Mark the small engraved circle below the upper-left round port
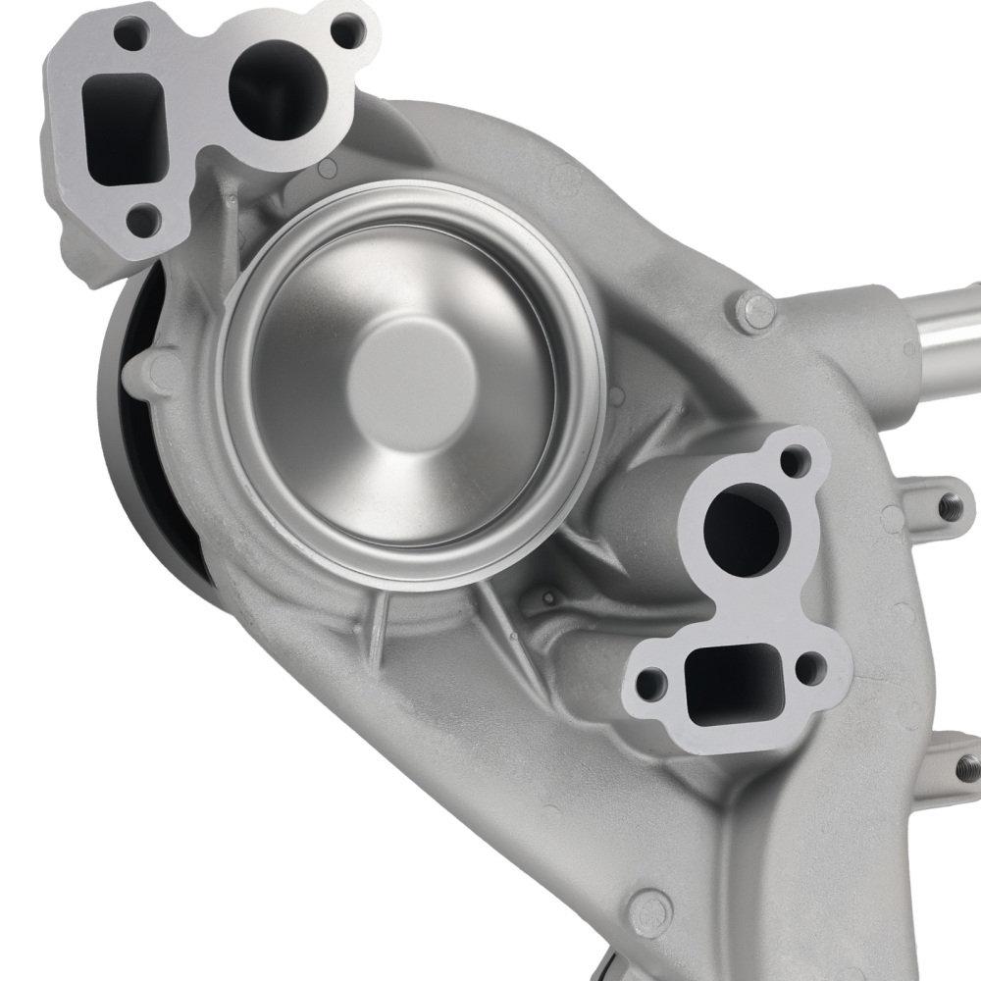click(327, 170)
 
